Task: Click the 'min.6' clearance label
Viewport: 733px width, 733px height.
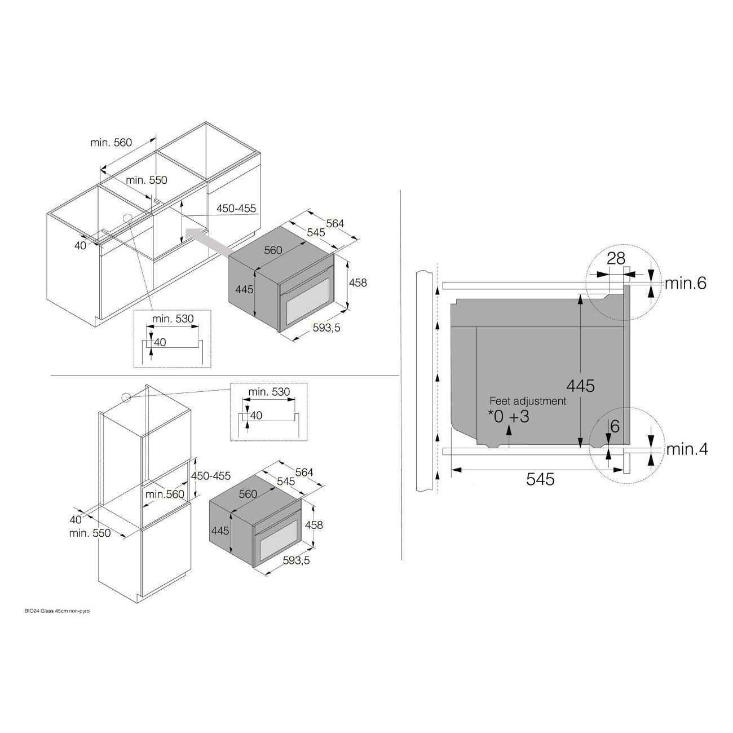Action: (686, 283)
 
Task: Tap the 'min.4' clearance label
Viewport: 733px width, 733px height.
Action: (687, 449)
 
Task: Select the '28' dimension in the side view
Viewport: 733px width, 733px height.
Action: (616, 259)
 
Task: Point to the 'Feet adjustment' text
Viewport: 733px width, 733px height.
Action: (528, 401)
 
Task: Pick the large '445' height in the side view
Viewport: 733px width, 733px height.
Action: (580, 386)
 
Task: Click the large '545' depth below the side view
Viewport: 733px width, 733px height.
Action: (540, 479)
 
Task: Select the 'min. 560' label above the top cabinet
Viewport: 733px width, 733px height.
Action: (111, 142)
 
